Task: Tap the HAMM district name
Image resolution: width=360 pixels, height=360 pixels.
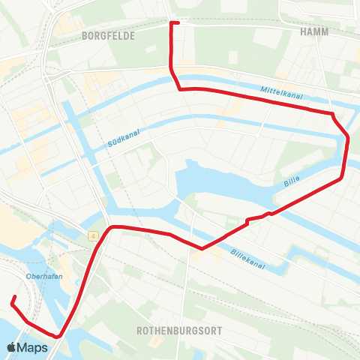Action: coord(313,32)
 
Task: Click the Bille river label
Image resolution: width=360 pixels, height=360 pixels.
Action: coord(292,182)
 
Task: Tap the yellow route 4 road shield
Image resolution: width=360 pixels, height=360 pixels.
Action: coord(93,236)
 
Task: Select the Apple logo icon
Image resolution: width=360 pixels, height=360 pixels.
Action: coord(12,347)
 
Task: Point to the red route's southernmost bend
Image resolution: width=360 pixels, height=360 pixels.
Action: coord(58,336)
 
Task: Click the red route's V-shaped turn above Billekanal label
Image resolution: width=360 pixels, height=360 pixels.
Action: coord(202,248)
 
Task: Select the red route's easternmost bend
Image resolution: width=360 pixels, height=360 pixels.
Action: coord(348,136)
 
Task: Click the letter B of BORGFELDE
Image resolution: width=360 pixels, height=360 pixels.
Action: coord(85,34)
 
